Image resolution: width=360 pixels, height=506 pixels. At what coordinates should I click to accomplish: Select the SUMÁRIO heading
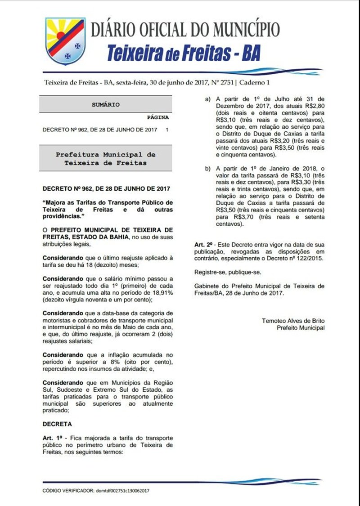point(106,104)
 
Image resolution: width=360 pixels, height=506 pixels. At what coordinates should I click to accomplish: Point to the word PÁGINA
point(158,117)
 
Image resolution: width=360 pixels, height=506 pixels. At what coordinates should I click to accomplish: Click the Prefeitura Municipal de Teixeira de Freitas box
point(106,158)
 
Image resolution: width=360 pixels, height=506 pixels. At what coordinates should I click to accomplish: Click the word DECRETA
point(57,424)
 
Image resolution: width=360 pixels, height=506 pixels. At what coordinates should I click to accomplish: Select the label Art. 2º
point(203,244)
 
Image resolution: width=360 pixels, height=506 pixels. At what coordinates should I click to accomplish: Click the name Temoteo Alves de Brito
point(293,321)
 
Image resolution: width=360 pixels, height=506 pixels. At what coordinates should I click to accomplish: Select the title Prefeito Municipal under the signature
point(300,328)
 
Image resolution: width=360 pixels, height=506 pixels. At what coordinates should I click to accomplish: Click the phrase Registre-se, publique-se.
point(227,272)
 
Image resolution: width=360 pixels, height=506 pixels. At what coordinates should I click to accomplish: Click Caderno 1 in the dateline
point(256,83)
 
